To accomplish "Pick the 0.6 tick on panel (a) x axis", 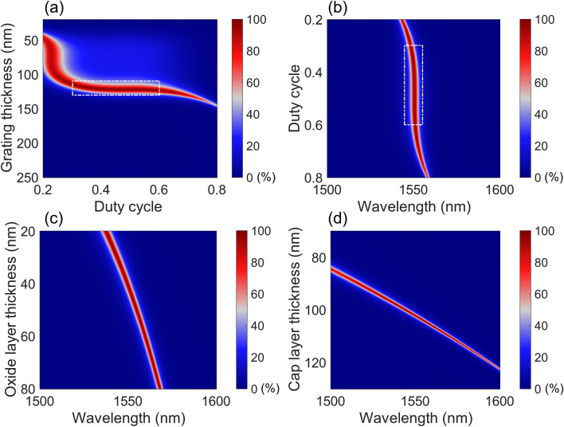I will pos(159,190).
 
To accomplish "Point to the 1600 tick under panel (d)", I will pos(499,401).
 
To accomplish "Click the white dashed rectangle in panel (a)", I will pos(116,88).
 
